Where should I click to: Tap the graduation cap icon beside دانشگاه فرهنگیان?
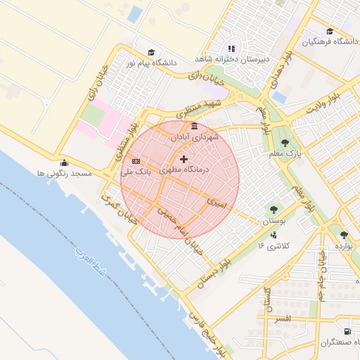click(x=330, y=31)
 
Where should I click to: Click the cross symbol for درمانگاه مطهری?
click(x=184, y=159)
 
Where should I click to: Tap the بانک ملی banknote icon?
click(x=136, y=161)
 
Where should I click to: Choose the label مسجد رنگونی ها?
click(x=64, y=173)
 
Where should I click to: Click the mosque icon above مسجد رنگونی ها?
click(x=64, y=162)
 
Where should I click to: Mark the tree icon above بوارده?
click(x=343, y=235)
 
